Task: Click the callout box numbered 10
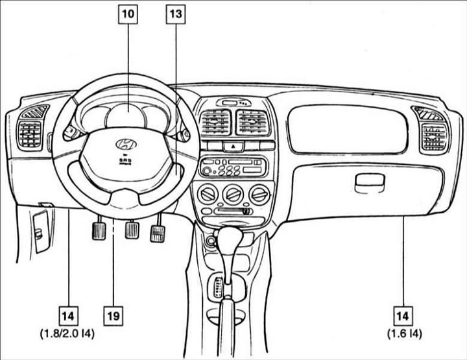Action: click(128, 14)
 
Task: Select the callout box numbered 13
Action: click(175, 14)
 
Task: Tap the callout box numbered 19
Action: click(113, 316)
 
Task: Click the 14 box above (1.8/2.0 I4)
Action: click(68, 316)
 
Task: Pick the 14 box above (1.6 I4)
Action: click(403, 316)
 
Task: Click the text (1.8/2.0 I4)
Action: click(67, 334)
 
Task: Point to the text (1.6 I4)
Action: click(405, 334)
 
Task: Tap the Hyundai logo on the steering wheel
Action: click(126, 144)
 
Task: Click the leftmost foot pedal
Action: click(99, 230)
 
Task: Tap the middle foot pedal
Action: click(132, 229)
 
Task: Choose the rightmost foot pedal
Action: click(158, 234)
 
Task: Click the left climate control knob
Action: click(208, 195)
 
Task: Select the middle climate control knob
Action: click(233, 195)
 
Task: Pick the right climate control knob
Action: click(259, 195)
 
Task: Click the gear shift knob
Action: click(230, 237)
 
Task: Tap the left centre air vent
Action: click(215, 122)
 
